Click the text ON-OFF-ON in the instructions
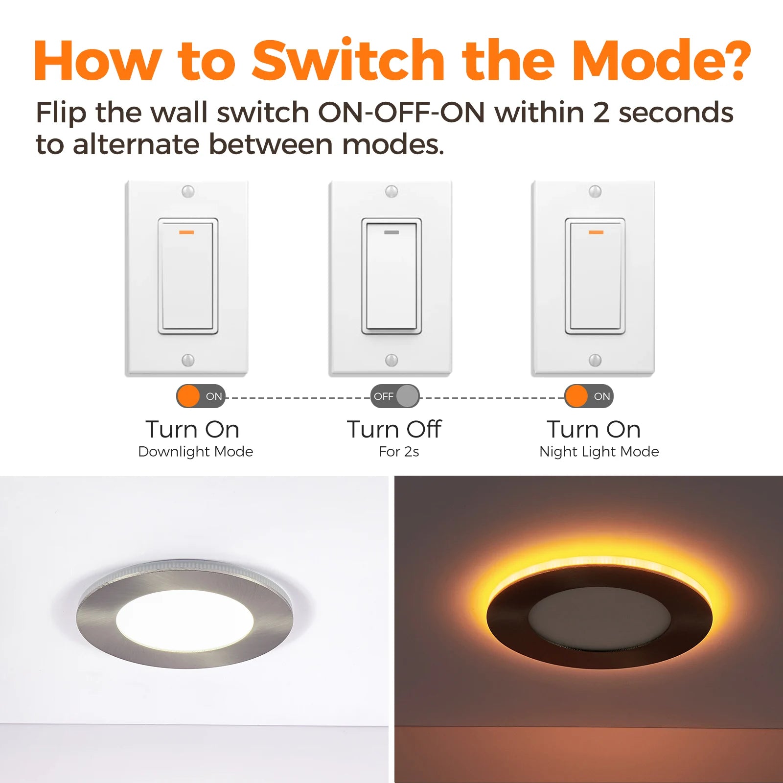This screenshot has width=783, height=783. point(401,113)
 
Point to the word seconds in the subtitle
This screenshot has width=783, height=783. point(676,113)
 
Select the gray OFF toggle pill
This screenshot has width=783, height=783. point(395,396)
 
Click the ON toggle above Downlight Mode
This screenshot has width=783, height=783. point(201,396)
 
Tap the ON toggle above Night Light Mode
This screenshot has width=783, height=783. point(589,396)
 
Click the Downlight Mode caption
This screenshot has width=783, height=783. point(196,451)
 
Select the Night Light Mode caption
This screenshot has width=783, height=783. point(599,452)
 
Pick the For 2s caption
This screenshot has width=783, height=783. point(399,451)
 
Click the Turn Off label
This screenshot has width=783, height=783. point(394,429)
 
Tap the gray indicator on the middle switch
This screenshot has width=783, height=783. point(391,232)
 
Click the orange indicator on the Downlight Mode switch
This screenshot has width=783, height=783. point(186,232)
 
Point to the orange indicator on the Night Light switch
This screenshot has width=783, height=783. point(596,232)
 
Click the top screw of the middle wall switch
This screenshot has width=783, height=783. point(391,191)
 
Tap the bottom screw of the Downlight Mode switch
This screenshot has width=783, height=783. point(188,360)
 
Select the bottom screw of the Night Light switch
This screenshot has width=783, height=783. point(595,360)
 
